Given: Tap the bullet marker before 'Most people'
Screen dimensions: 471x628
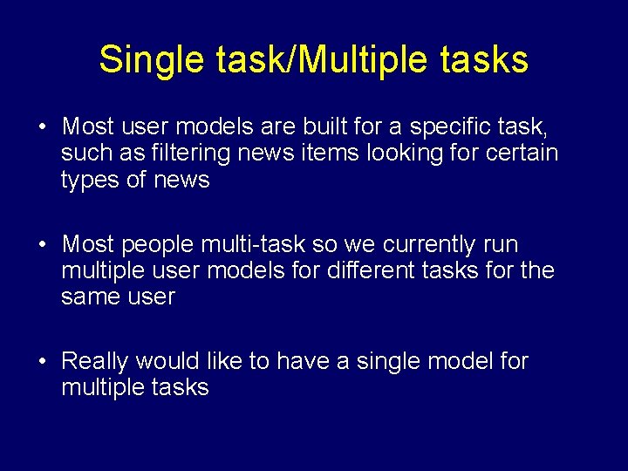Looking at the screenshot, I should tap(42, 245).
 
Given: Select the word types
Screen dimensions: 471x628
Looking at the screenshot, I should tap(92, 181).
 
